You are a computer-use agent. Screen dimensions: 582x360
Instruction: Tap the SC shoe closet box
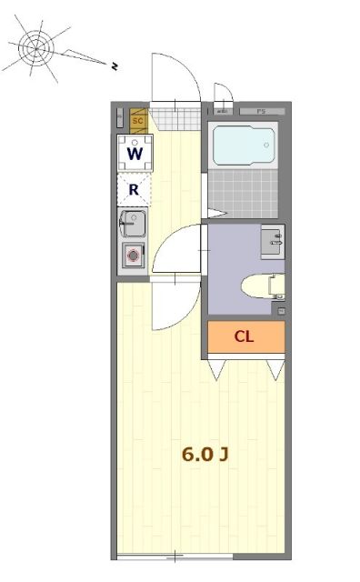[x=139, y=119]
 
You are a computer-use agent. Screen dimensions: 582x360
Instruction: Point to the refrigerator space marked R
[x=134, y=190]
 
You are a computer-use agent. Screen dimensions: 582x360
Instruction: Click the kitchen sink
[x=133, y=223]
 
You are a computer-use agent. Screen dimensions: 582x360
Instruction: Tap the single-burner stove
[x=134, y=256]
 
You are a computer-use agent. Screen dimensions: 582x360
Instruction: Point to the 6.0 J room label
[x=204, y=454]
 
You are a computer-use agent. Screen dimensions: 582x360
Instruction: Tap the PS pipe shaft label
[x=261, y=111]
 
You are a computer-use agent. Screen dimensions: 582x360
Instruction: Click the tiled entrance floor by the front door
[x=175, y=119]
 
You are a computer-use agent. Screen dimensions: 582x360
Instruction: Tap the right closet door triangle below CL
[x=275, y=369]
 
